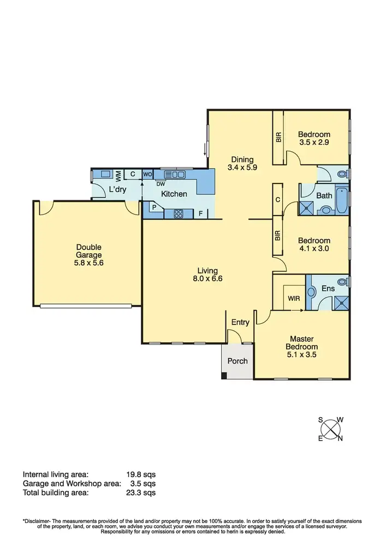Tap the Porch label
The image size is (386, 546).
coord(237,361)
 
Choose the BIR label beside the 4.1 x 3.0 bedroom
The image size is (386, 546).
coord(278,236)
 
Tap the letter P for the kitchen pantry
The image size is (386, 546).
coord(154,207)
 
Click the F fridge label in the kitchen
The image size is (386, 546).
coord(201,213)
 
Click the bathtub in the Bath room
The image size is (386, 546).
coord(342,200)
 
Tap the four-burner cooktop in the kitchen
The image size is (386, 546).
coord(179,214)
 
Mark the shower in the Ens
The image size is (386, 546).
coord(342,301)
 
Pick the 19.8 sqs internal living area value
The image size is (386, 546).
coord(140,474)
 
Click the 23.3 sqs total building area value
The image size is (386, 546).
coord(140,492)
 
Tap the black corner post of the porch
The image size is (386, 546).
coord(224,376)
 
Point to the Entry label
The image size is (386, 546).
coord(240,323)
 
